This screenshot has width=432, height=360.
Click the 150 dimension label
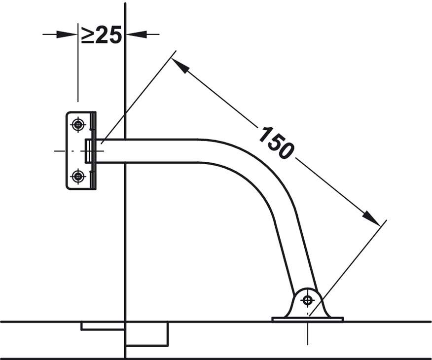(x=276, y=143)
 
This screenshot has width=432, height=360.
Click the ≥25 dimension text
(x=101, y=35)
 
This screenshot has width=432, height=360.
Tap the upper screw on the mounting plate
(x=78, y=125)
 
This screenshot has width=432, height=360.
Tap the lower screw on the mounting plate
(x=78, y=176)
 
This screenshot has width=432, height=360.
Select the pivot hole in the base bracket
(x=307, y=300)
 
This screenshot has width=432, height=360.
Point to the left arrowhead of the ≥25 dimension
(x=67, y=35)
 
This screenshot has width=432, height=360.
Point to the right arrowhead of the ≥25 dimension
(x=136, y=35)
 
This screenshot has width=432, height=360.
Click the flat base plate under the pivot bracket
(x=307, y=319)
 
